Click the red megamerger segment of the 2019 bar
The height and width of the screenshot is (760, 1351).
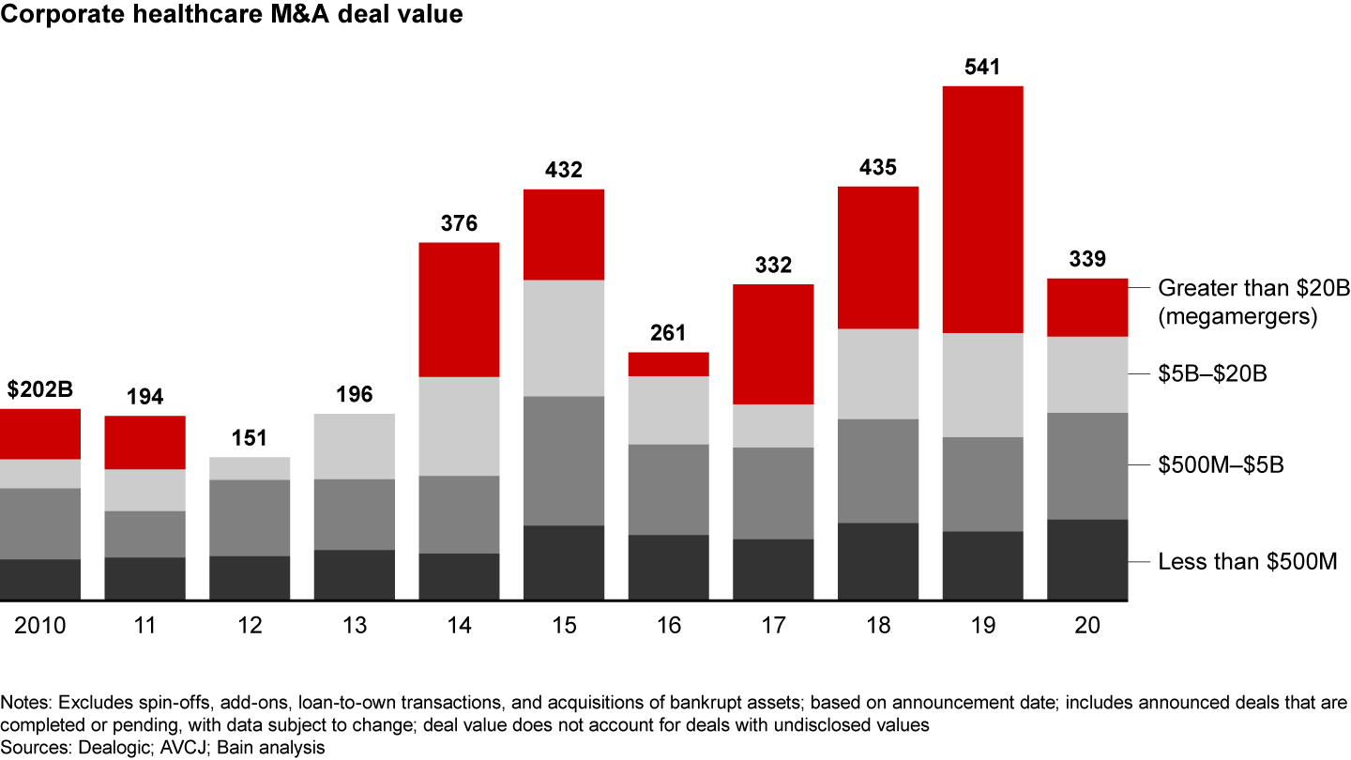point(982,209)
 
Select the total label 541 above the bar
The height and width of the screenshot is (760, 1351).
point(982,68)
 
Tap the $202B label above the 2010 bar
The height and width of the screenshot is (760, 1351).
point(39,389)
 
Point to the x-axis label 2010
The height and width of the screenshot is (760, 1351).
point(39,625)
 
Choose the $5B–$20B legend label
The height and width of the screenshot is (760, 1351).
point(1213,374)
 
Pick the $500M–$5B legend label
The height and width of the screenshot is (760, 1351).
point(1221,464)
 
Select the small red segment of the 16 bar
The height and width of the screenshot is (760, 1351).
point(668,364)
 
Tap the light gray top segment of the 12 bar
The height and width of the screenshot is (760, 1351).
point(250,468)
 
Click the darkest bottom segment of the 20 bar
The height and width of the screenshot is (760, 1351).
point(1086,559)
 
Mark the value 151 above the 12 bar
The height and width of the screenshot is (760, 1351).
point(250,438)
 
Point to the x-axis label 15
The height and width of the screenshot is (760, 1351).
point(563,625)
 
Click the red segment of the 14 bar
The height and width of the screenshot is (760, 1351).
point(459,310)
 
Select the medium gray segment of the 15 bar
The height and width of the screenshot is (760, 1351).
point(563,461)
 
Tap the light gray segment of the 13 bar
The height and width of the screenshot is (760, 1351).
point(354,446)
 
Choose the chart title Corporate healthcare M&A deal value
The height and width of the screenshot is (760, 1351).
point(232,15)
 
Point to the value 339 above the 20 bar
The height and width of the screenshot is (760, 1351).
point(1086,259)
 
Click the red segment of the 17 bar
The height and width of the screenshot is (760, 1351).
point(773,343)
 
